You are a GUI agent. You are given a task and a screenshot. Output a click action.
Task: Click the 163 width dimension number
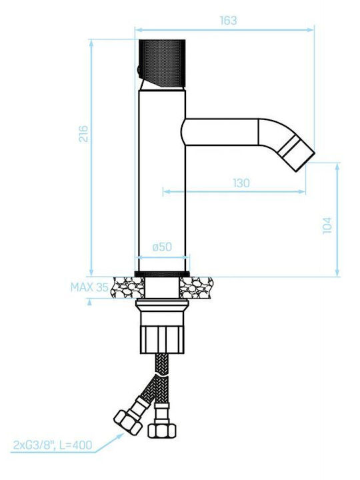[229, 21]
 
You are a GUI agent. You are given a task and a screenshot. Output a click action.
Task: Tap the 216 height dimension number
[83, 134]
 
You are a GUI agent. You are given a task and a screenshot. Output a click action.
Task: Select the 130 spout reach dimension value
[241, 183]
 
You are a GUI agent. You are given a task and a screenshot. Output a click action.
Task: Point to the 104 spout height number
[327, 225]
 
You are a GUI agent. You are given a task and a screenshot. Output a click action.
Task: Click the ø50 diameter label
[162, 247]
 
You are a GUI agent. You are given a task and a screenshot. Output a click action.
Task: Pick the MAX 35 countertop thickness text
[89, 287]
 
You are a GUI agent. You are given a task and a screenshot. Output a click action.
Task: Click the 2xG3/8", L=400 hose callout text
[53, 445]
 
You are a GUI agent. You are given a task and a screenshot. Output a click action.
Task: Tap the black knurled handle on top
[162, 63]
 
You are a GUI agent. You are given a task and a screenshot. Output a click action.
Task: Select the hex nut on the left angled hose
[128, 422]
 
